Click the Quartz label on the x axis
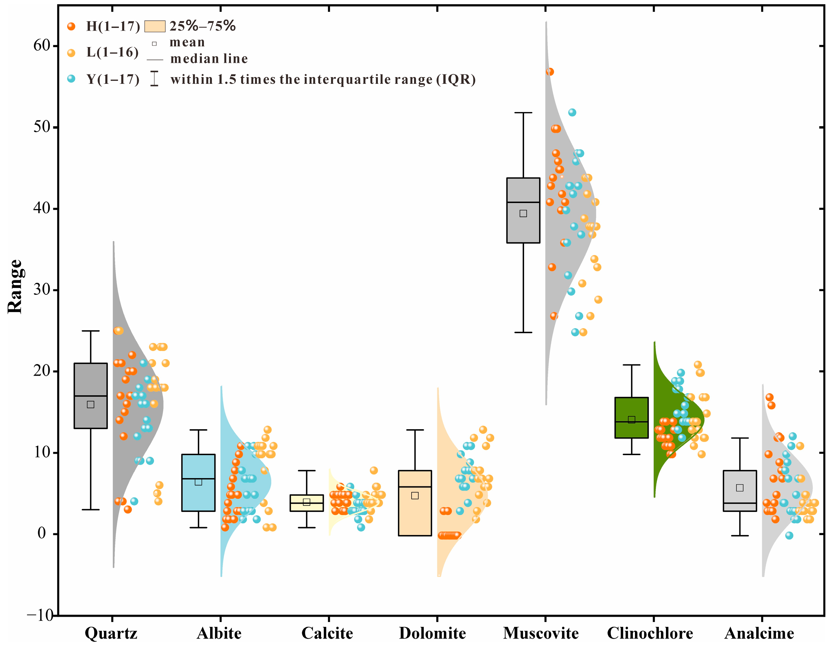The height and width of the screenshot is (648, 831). (111, 633)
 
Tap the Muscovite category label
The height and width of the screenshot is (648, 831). (541, 633)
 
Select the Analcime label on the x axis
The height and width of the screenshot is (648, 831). (759, 633)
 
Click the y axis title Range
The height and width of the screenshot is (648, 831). (15, 287)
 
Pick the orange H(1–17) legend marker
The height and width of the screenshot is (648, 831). (71, 26)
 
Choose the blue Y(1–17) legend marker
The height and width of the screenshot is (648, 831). (71, 79)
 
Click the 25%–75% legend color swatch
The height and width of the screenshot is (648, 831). (155, 26)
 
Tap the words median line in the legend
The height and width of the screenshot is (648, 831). (209, 59)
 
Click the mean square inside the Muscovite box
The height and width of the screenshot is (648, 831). (523, 213)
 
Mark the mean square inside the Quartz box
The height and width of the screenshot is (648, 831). (91, 404)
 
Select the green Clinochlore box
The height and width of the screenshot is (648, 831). (632, 418)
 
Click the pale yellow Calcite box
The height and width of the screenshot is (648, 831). (307, 503)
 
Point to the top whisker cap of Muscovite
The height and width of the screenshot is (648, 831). (523, 113)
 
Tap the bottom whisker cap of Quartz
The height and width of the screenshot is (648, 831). (91, 510)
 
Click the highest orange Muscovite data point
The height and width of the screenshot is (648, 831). (550, 72)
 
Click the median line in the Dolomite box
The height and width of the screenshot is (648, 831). (415, 487)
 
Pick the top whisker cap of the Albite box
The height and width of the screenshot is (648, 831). (199, 430)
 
